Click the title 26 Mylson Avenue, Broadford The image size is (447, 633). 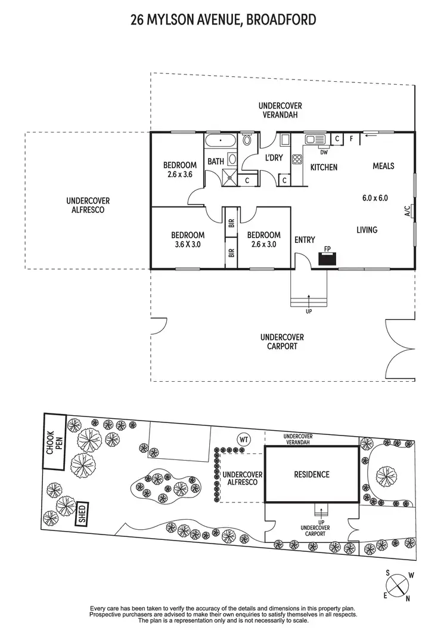223,21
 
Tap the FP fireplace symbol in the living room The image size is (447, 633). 327,258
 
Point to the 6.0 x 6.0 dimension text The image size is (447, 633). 375,198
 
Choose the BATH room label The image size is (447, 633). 215,161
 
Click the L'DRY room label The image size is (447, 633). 274,158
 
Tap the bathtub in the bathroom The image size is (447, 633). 221,142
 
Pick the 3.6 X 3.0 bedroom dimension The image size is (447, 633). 188,244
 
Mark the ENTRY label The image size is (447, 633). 305,240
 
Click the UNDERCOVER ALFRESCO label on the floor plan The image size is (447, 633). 88,205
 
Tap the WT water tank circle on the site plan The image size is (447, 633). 244,439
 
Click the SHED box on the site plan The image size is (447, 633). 82,512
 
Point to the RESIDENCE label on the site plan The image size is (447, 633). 312,475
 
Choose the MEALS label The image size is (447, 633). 383,165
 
